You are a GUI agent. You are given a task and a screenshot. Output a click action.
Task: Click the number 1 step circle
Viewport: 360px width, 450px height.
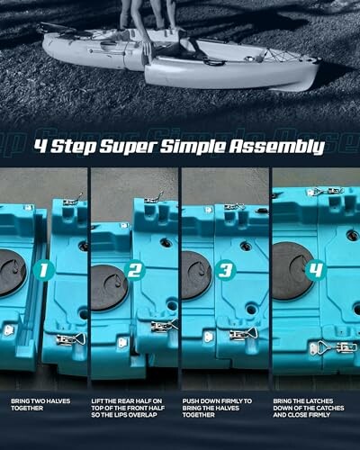(45, 268)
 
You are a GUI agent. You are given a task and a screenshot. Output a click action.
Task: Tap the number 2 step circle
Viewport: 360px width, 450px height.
(136, 268)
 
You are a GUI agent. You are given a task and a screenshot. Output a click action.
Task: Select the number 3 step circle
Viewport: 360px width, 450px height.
(226, 268)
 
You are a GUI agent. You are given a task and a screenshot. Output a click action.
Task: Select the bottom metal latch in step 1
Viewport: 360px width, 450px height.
(67, 338)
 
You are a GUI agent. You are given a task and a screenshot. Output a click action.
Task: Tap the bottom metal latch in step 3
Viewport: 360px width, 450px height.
(241, 334)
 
